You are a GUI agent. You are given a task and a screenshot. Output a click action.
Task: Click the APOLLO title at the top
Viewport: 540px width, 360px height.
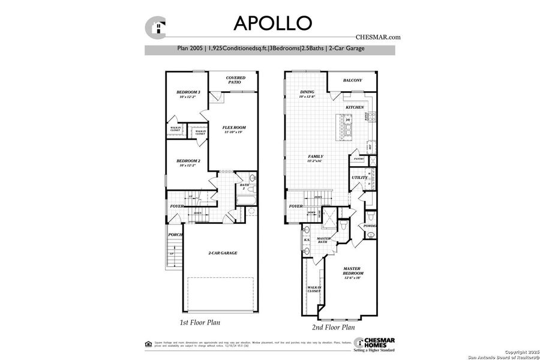pos(272,23)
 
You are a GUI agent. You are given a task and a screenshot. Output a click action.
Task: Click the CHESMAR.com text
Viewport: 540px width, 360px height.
pos(378,37)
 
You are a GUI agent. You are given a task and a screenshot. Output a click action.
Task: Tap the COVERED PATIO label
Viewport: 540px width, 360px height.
pos(234,80)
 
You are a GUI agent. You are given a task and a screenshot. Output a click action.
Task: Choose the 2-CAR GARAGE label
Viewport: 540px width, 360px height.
pos(223,253)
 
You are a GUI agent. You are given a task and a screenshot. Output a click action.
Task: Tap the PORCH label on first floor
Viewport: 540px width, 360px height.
pos(175,235)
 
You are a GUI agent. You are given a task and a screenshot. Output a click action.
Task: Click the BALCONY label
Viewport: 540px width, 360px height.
pos(352,80)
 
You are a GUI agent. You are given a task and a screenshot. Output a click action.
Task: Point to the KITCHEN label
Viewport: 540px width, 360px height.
pos(355,107)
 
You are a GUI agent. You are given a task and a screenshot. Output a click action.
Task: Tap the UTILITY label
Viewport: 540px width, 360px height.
pos(359,178)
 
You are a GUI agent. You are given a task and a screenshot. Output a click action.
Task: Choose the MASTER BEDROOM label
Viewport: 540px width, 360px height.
pos(353,271)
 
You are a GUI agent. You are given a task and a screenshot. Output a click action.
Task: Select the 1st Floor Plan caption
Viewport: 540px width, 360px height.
pos(200,323)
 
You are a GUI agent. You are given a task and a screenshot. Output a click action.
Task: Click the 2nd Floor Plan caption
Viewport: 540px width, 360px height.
pos(333,328)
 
